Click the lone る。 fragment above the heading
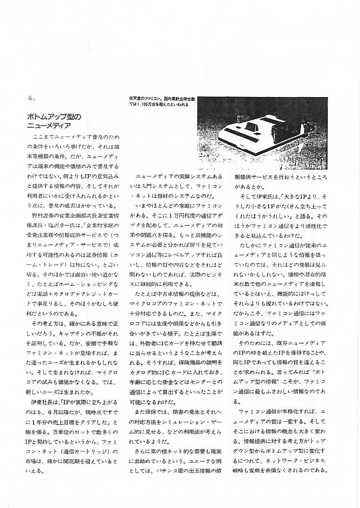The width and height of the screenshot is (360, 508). coord(31,98)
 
